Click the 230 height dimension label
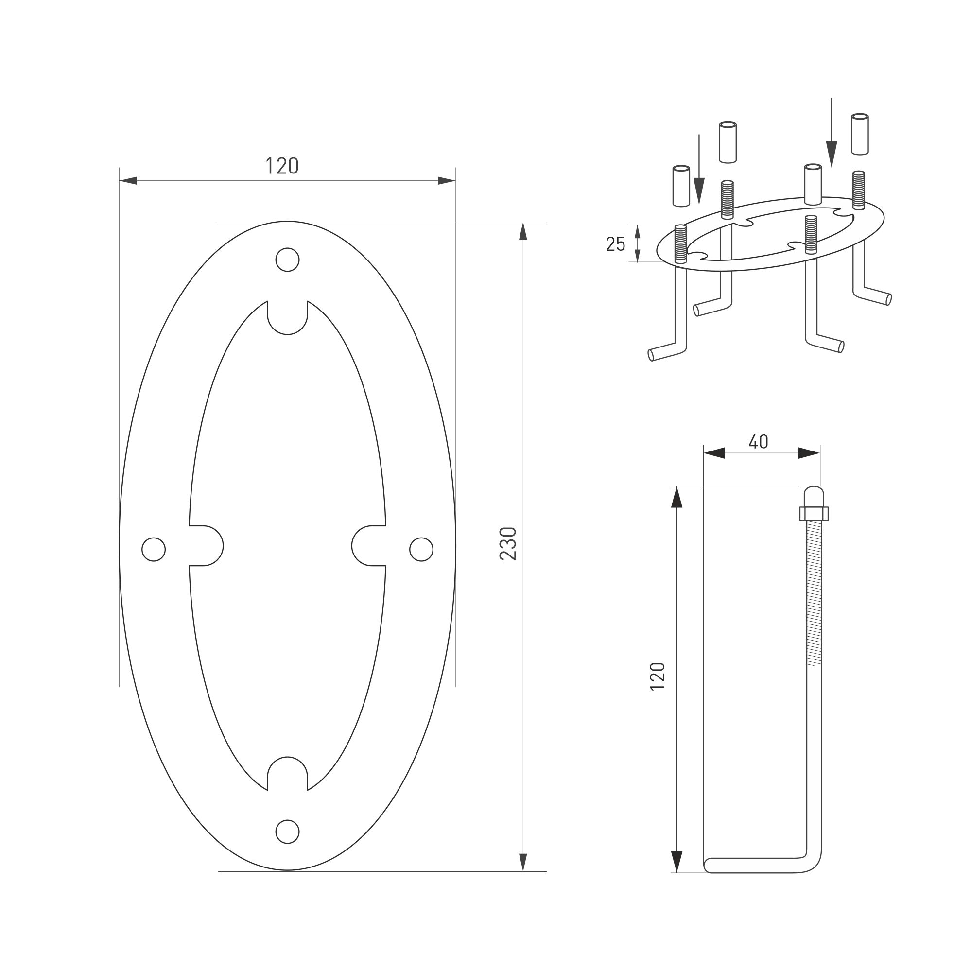(509, 543)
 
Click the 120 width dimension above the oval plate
(282, 166)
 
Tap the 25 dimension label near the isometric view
(615, 244)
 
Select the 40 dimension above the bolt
(759, 442)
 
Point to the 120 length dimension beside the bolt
(658, 676)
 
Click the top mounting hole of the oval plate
(288, 260)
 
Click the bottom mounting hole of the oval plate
(288, 832)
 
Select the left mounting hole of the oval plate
(154, 549)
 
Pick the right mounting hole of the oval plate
(421, 549)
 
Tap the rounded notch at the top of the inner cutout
(288, 319)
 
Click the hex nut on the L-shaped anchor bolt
(814, 514)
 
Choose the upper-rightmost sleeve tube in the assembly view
(860, 134)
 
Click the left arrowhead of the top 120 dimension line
(128, 180)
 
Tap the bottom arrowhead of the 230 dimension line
(523, 862)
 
